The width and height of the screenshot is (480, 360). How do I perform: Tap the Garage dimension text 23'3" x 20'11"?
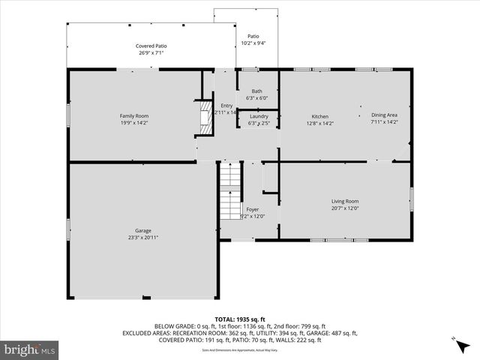142,238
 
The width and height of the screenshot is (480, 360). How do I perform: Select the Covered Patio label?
151,46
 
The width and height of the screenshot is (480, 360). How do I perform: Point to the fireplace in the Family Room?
203,118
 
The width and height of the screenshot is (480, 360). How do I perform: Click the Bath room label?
256,91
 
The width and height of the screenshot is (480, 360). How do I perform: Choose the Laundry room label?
258,116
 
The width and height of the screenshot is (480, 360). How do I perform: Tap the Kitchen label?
320,116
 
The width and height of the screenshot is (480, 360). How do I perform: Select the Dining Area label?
384,115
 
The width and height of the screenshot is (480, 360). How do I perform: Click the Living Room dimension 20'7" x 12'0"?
346,208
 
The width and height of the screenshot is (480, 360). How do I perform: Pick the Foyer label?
253,209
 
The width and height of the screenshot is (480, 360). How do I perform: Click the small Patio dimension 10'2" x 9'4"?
253,43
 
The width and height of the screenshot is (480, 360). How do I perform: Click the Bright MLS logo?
30,349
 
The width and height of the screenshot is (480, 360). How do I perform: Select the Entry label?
226,105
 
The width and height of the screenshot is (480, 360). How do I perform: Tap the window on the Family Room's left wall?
68,116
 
